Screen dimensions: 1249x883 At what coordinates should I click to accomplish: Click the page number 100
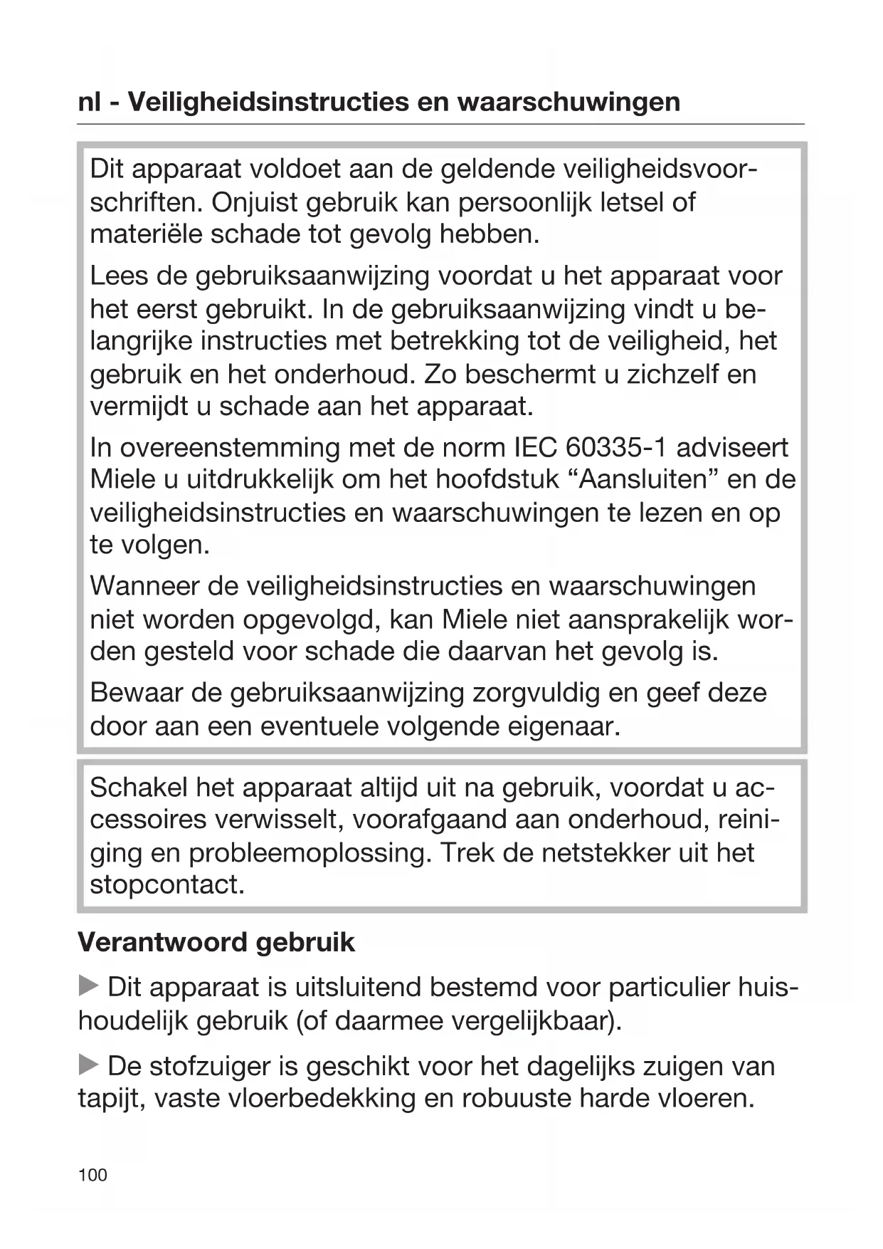[x=92, y=1174]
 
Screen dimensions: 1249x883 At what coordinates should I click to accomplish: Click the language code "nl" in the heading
[x=90, y=102]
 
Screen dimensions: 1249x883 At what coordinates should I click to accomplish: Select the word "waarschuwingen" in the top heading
[x=569, y=102]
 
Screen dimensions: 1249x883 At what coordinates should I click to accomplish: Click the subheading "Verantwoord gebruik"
[x=216, y=942]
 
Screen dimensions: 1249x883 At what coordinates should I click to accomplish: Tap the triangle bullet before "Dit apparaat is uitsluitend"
[x=88, y=987]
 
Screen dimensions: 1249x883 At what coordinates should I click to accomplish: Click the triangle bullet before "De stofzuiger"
[x=88, y=1066]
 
